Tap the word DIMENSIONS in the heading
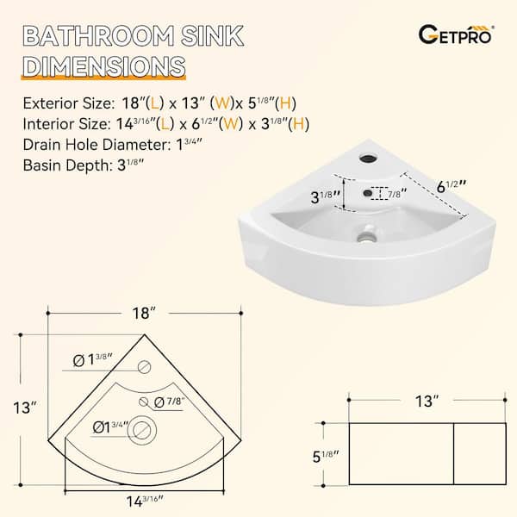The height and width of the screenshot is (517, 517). [103, 66]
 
